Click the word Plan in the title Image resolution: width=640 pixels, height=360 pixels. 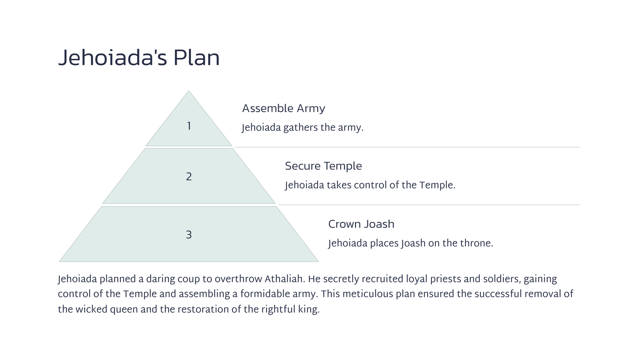tap(197, 58)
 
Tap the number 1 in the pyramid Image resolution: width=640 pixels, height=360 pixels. tap(189, 126)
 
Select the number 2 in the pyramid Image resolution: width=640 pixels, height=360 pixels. tap(189, 177)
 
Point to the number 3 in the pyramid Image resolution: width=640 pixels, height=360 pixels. tap(189, 235)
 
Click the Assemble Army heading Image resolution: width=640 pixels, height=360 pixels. tap(284, 108)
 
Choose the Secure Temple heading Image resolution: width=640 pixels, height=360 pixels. tap(323, 166)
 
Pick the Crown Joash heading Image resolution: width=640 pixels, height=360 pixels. tap(361, 224)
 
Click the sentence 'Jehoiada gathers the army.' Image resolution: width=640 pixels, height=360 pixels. tap(303, 128)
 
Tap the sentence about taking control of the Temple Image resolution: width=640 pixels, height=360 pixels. tap(370, 185)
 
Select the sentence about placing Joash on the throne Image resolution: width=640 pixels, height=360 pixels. tap(411, 243)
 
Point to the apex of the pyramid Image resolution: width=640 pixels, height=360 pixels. tap(189, 91)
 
